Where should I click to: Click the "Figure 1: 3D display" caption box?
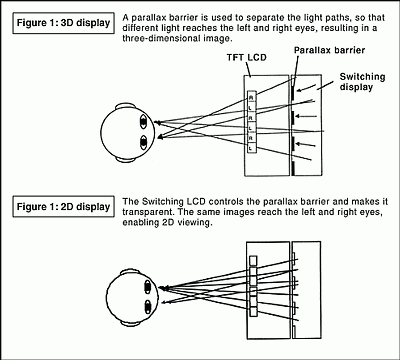pos(63,23)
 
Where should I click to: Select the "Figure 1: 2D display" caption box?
pos(63,207)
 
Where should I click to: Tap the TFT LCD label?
pos(247,58)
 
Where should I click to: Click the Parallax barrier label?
pos(329,50)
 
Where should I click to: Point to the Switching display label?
pos(362,82)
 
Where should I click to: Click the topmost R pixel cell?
pos(251,97)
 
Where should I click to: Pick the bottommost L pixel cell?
pos(251,148)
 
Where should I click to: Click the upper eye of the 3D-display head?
pos(143,122)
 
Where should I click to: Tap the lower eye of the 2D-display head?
pos(148,307)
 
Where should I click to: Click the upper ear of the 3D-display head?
pos(125,106)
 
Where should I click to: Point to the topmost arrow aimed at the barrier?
pos(307,88)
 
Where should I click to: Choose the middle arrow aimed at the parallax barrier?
pos(307,116)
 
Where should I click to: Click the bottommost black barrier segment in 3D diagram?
pos(293,168)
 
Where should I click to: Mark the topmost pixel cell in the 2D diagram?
pos(254,261)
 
